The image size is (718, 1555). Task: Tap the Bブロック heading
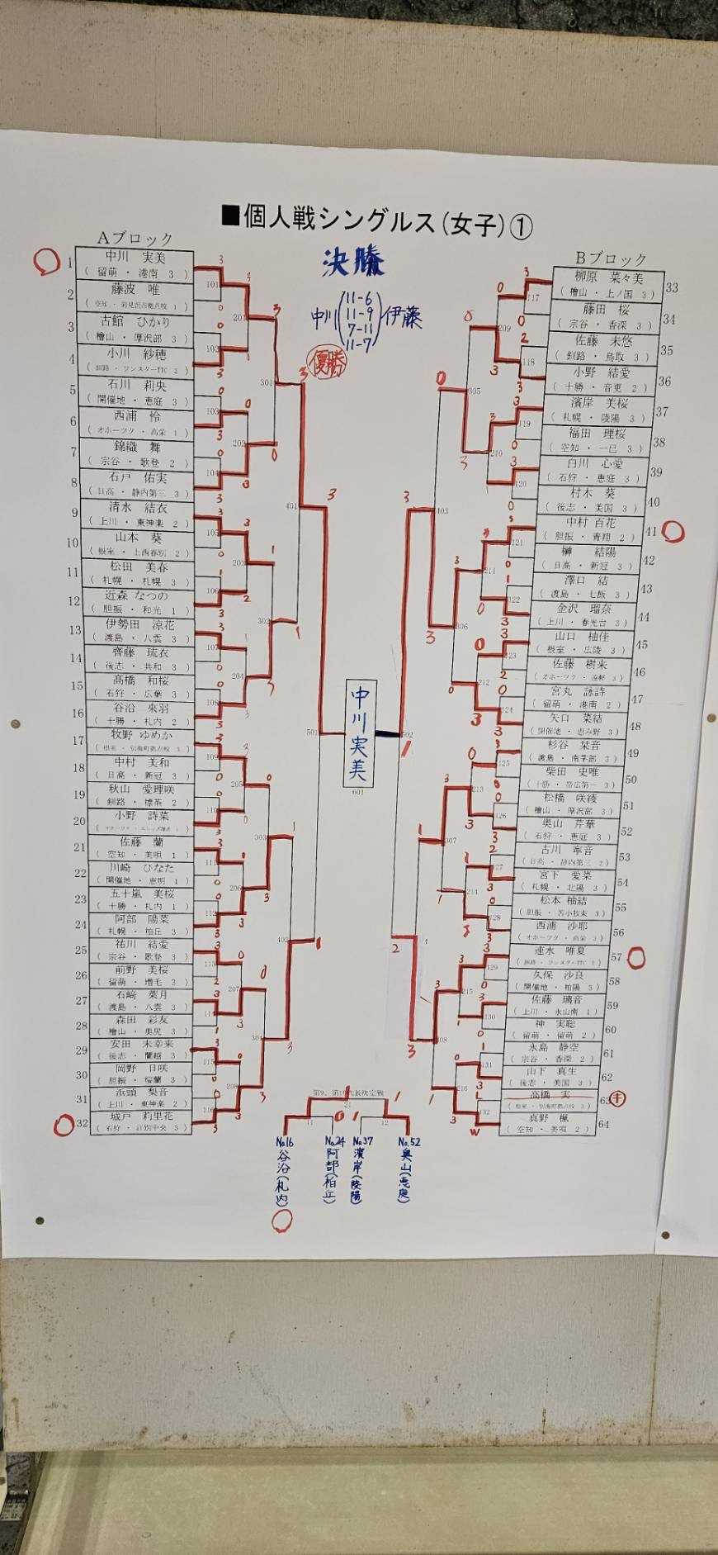pyautogui.click(x=611, y=258)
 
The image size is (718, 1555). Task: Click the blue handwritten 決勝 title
pyautogui.click(x=353, y=263)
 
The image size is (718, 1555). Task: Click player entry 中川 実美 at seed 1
pyautogui.click(x=136, y=258)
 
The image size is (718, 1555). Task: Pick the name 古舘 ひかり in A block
pyautogui.click(x=136, y=322)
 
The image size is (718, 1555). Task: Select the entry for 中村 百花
pyautogui.click(x=590, y=523)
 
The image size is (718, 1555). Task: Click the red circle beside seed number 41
pyautogui.click(x=673, y=532)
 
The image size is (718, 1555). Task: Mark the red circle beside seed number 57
pyautogui.click(x=636, y=959)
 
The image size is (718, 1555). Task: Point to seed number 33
pyautogui.click(x=671, y=288)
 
